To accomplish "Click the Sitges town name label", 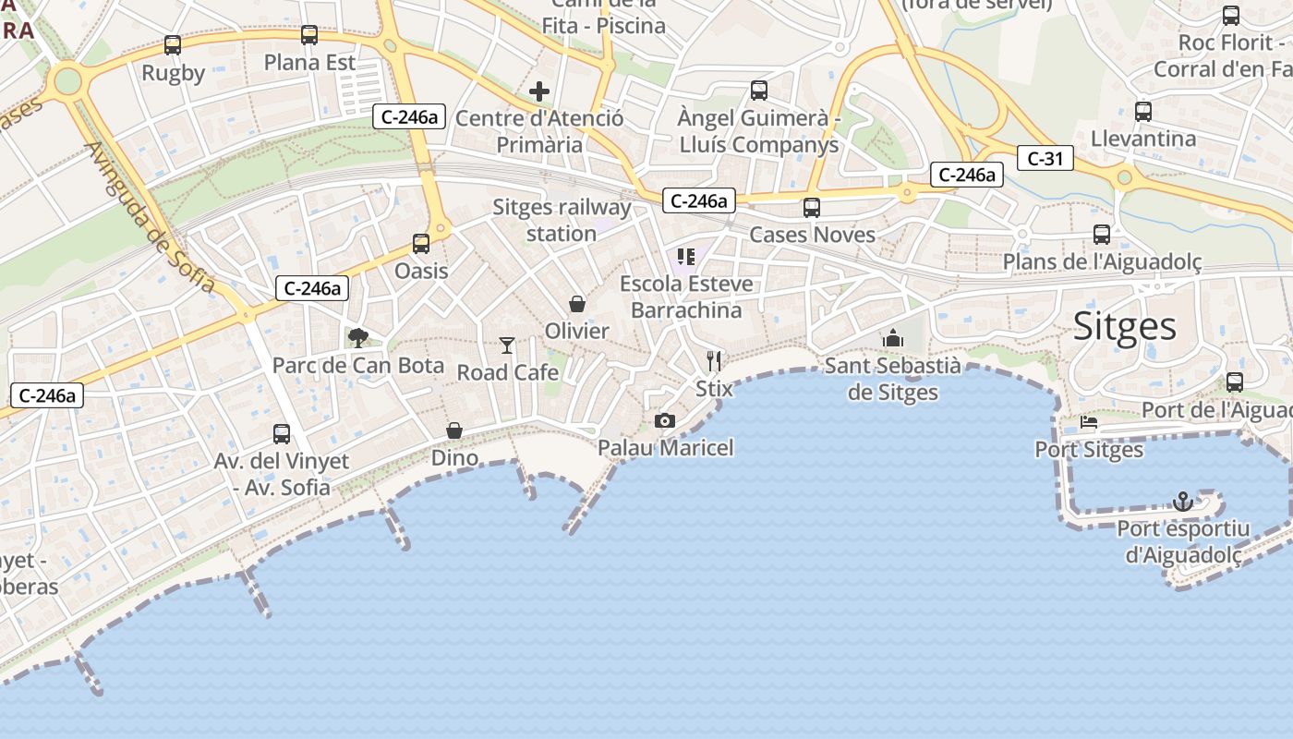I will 1124,326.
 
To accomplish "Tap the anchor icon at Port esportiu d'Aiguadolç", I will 1182,502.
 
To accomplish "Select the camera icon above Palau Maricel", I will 664,421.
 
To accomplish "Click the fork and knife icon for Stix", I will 713,360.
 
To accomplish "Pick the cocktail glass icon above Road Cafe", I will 507,345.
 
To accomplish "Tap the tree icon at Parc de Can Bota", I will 357,338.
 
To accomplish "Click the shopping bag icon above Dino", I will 454,430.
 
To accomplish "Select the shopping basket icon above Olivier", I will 577,304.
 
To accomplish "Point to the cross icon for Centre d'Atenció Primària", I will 539,91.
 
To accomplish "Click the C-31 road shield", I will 1045,159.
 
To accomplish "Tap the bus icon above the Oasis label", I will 421,244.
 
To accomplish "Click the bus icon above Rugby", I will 173,44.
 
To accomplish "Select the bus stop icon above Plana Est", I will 309,35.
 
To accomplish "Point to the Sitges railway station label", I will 562,220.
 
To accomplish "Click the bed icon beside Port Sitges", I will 1089,423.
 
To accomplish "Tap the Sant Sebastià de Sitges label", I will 892,379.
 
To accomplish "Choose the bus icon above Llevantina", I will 1143,112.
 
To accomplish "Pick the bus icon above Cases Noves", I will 812,208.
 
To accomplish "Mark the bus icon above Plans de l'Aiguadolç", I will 1102,235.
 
